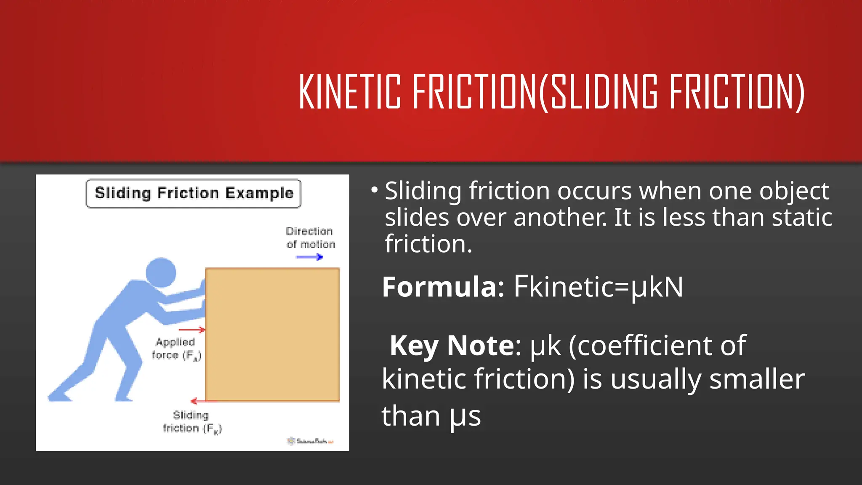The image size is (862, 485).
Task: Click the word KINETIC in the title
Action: [349, 91]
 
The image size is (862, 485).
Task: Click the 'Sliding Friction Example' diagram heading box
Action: [194, 193]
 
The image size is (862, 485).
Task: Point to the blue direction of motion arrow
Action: [309, 257]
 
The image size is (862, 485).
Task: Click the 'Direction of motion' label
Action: [310, 238]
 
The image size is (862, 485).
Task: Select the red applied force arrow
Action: [192, 330]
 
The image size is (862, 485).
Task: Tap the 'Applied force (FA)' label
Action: [176, 349]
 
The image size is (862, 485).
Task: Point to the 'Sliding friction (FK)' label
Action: [192, 422]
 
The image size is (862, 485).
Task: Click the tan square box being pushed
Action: [272, 335]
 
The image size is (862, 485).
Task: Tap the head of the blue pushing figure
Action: [161, 273]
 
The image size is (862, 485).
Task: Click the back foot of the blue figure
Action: [59, 395]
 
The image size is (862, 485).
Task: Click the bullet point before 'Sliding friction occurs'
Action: [374, 190]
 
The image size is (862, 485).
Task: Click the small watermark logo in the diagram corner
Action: [311, 441]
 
